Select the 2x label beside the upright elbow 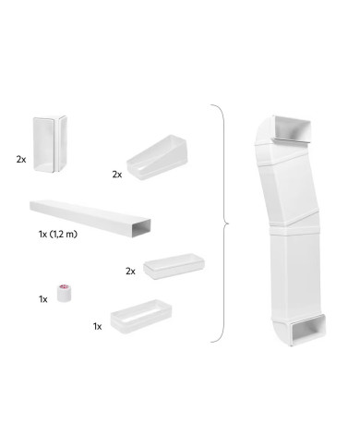[21, 159]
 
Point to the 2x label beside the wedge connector [117, 173]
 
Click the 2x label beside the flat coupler [130, 271]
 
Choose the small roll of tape [64, 293]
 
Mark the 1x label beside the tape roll [42, 299]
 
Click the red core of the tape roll [65, 287]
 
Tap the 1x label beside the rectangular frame [97, 326]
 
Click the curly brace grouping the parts [222, 223]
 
